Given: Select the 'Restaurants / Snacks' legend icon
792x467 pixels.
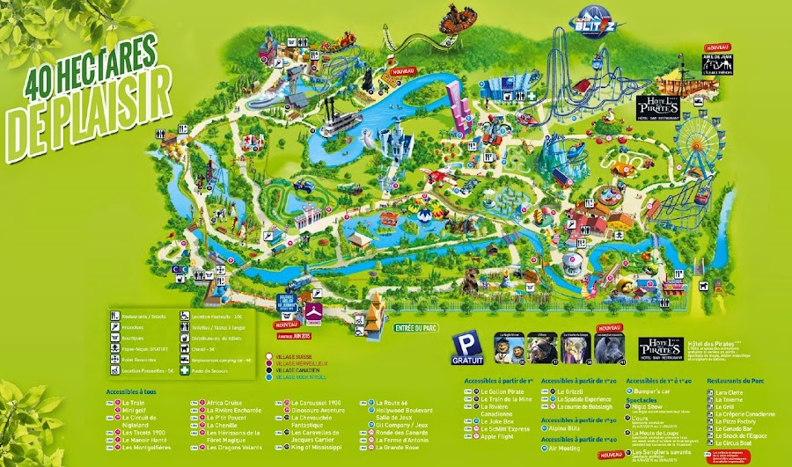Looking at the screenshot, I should pyautogui.click(x=114, y=315).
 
